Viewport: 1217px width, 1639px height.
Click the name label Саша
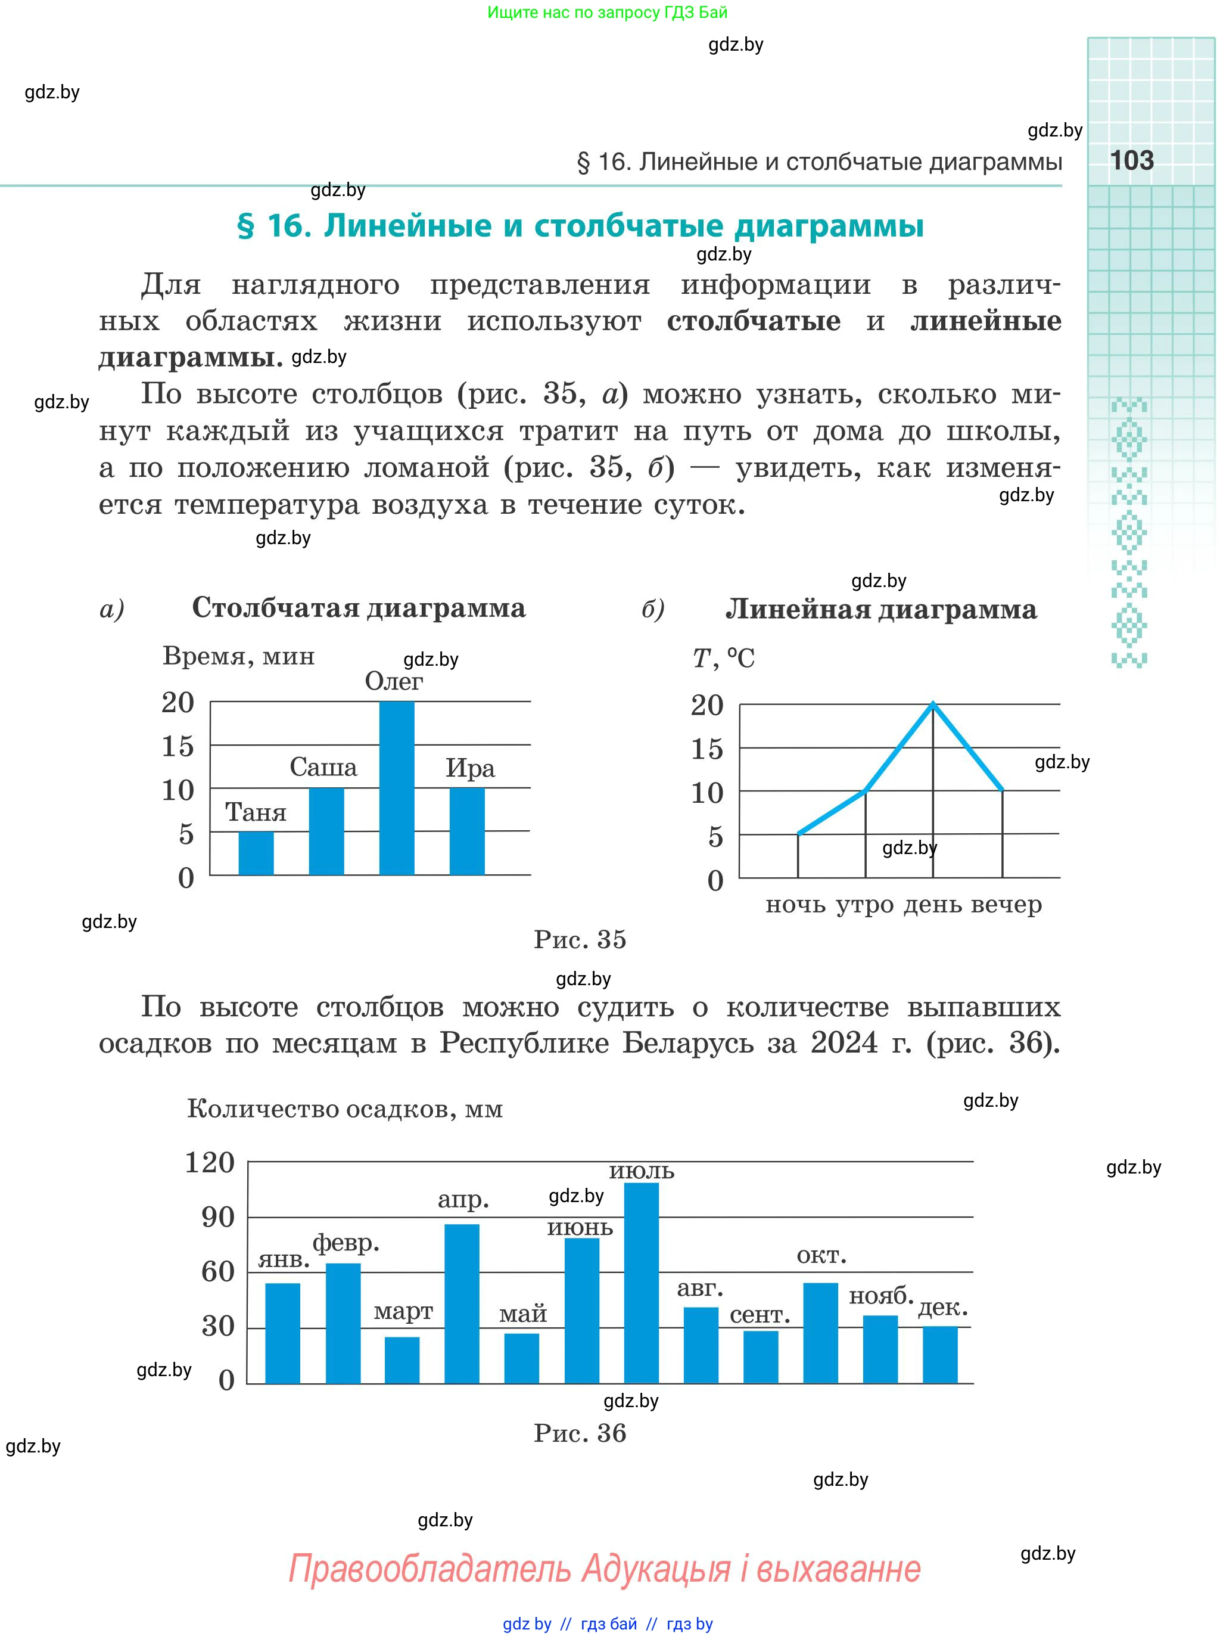point(323,767)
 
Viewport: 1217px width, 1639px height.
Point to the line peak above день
point(933,704)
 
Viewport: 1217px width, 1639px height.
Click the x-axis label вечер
point(1006,904)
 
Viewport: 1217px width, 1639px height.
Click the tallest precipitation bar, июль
point(641,1283)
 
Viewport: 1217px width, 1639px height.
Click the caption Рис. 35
point(580,940)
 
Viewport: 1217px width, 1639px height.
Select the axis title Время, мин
point(239,656)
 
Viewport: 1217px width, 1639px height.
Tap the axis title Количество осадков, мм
point(345,1109)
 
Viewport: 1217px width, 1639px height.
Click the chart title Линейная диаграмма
point(881,610)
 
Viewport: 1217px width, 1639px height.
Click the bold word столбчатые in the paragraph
point(753,321)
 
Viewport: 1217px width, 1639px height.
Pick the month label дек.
point(942,1308)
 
